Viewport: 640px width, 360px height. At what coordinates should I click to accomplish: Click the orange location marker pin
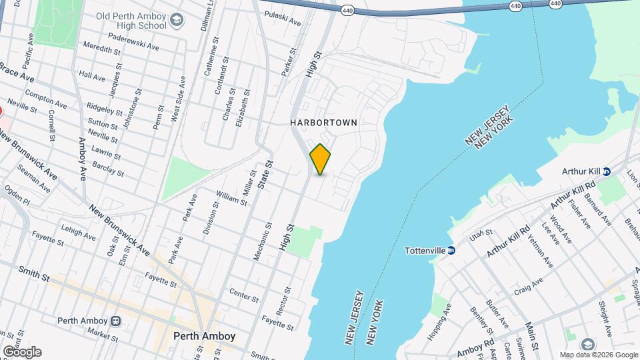(x=320, y=159)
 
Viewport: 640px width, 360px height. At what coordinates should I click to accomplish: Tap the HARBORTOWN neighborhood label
(x=324, y=123)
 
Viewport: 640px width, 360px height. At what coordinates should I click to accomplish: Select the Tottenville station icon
(x=451, y=251)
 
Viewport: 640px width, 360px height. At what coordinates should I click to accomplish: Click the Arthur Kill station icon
(x=606, y=171)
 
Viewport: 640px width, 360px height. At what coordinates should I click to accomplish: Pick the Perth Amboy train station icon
(x=116, y=321)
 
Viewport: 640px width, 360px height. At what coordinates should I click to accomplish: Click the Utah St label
(x=480, y=234)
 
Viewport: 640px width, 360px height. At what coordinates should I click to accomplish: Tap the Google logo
(x=22, y=352)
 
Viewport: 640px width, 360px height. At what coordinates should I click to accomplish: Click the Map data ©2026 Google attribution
(x=598, y=355)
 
